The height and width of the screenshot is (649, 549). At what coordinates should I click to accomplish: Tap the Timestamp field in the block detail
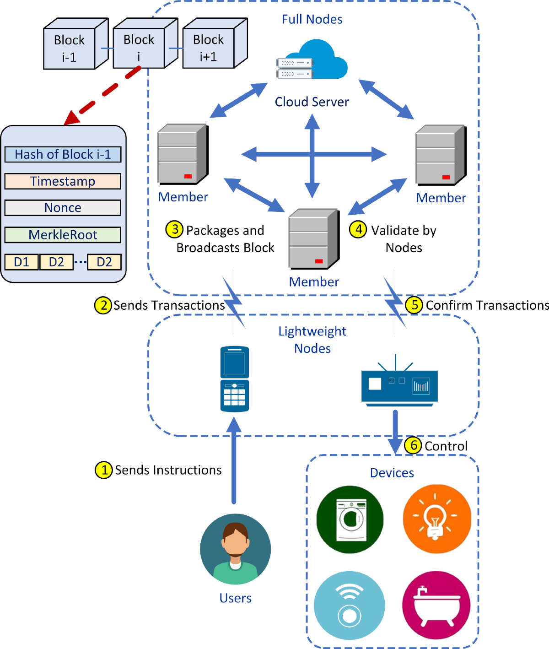63,181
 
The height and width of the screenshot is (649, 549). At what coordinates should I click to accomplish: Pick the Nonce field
63,208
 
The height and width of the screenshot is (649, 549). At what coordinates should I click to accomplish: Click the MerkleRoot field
63,235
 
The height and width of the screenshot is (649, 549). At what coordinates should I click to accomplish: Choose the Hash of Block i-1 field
63,155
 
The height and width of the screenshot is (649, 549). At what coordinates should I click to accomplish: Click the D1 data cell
22,262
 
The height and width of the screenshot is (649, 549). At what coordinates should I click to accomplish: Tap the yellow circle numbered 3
175,229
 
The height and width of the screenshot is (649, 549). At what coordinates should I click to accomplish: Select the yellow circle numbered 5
414,305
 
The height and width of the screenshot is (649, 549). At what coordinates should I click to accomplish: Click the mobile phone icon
235,379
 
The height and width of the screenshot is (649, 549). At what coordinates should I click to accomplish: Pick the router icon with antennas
399,385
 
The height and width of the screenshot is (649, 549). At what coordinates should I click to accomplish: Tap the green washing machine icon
350,519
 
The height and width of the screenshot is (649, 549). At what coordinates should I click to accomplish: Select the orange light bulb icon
436,519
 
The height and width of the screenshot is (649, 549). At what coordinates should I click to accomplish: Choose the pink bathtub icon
436,605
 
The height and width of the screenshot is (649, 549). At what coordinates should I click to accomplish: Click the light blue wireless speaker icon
350,605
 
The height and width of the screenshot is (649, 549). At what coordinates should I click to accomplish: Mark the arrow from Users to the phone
234,462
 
